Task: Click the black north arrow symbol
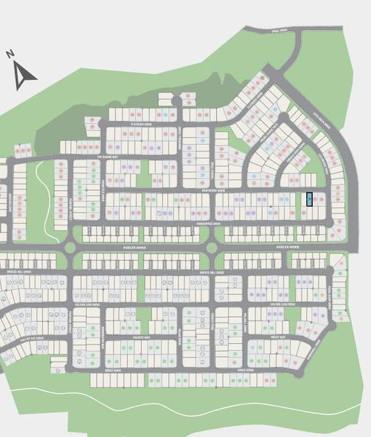click(25, 75)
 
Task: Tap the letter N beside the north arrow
click(10, 54)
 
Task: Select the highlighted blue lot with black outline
click(311, 198)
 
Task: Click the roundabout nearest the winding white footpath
click(71, 248)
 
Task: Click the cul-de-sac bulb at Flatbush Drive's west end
click(102, 125)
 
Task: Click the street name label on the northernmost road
click(279, 31)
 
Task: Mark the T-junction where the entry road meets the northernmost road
click(297, 34)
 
